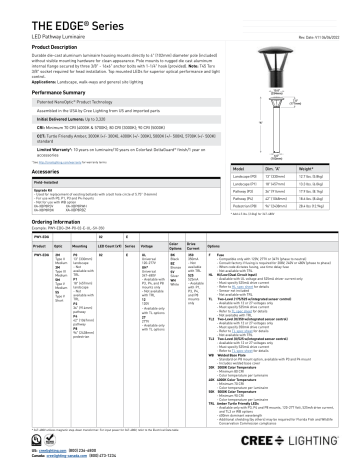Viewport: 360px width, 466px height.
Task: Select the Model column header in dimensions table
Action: tap(243, 144)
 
